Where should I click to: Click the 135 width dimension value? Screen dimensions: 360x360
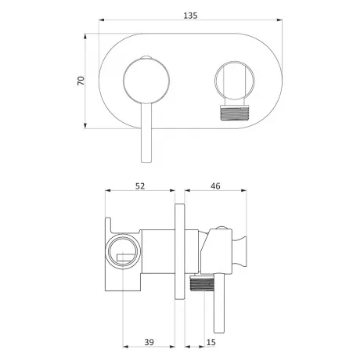[190, 16]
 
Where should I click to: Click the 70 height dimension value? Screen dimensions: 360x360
[81, 81]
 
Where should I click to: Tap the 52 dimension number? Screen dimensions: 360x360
[140, 186]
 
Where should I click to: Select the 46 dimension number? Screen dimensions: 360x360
[215, 186]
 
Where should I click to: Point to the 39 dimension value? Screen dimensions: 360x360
[149, 342]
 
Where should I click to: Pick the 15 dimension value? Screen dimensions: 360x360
[211, 342]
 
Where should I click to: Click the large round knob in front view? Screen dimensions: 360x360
[146, 81]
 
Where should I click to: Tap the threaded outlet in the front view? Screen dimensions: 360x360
[234, 113]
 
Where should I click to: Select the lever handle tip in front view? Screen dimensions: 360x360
[146, 160]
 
